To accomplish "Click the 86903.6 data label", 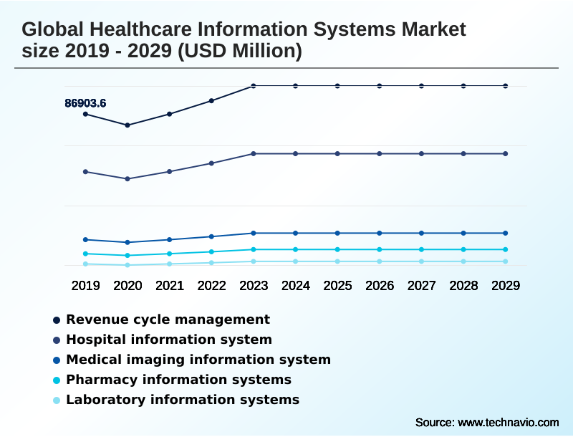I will [x=85, y=103].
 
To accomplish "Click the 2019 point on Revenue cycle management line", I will [x=85, y=114].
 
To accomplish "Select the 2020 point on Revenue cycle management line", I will [x=127, y=125].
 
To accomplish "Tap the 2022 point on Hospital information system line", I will [x=211, y=163].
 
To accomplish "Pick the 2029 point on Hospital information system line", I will [x=506, y=154].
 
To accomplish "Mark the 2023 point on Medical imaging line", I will [x=254, y=234].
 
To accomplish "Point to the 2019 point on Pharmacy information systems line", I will [x=85, y=254].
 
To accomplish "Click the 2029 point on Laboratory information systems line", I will [x=506, y=261].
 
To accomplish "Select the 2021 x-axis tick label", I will [x=170, y=286].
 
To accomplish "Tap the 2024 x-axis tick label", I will [x=296, y=286].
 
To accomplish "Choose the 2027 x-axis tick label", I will [x=421, y=286].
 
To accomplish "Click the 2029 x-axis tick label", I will [x=506, y=286].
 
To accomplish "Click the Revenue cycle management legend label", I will [x=168, y=320].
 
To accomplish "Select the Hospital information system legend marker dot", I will [x=57, y=340].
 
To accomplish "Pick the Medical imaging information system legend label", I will [x=198, y=360].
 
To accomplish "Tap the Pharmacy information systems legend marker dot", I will [x=57, y=380].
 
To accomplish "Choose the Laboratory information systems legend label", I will [x=183, y=400].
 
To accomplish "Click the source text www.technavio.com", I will [x=509, y=422].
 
